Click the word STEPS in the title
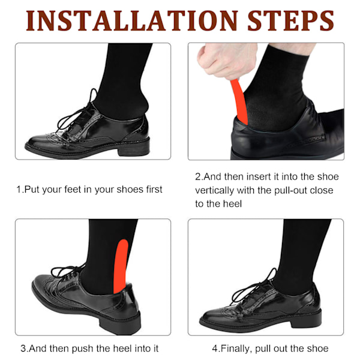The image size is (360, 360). tap(290, 20)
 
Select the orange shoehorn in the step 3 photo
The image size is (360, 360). tap(121, 266)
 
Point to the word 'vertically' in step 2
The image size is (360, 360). tap(215, 191)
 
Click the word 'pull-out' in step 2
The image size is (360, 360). tap(290, 191)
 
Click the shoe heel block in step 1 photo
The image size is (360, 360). tap(134, 149)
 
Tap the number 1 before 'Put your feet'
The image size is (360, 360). tap(19, 190)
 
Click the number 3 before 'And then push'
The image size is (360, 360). tap(23, 349)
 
